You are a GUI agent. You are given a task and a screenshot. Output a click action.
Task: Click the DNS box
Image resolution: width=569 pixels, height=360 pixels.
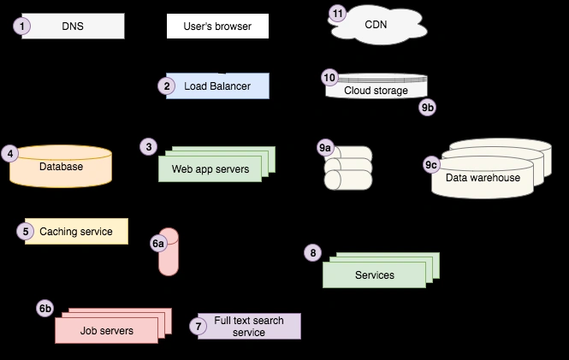tap(74, 27)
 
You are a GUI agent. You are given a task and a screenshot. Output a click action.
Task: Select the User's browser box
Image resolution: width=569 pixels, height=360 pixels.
tap(217, 27)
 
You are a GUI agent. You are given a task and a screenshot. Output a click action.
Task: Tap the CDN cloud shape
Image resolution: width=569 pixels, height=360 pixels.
tap(376, 25)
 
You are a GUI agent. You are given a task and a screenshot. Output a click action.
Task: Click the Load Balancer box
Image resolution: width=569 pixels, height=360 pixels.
tap(217, 86)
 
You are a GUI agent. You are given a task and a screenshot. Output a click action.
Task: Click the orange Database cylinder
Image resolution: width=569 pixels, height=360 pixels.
tap(61, 167)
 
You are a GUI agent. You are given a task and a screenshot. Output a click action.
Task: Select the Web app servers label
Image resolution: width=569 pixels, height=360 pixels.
tap(210, 169)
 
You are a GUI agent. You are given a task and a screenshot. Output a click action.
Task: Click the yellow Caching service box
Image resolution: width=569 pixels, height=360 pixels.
tap(75, 231)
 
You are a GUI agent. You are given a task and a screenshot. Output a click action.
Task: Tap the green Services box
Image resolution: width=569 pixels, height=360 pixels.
tap(374, 274)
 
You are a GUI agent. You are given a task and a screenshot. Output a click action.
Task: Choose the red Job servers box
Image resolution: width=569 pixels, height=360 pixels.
tap(107, 330)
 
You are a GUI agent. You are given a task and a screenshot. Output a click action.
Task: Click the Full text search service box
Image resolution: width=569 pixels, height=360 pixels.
tap(249, 327)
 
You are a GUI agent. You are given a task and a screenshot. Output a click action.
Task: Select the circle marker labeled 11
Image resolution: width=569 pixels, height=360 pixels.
tap(339, 14)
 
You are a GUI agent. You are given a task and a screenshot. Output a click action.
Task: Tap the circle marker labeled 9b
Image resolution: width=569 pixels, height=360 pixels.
tap(428, 108)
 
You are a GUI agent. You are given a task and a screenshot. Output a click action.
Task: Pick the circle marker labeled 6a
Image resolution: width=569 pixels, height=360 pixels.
tap(158, 244)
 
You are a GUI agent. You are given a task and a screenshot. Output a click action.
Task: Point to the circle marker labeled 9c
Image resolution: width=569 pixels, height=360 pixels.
tap(432, 164)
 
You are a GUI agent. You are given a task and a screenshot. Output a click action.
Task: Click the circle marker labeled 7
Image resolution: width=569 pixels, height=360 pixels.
tap(199, 326)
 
